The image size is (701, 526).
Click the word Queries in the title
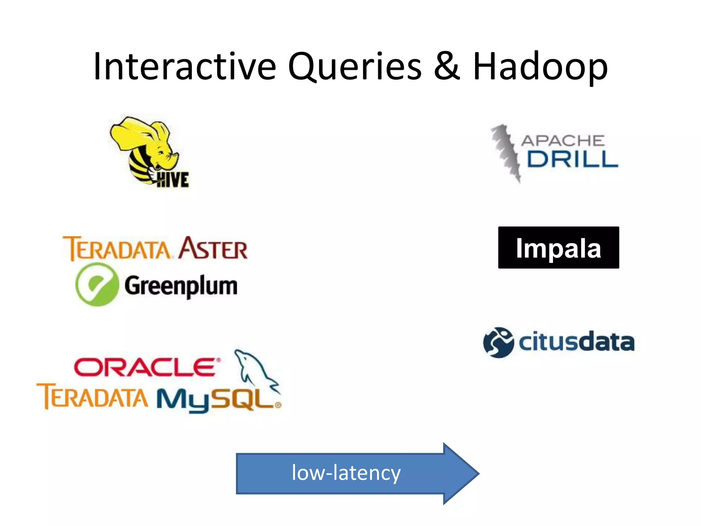pos(355,67)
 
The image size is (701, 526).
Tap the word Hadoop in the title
pos(540,67)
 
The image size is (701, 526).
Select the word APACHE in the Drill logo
pos(562,141)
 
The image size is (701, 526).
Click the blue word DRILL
pos(572,159)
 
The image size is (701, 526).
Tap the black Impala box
pos(558,248)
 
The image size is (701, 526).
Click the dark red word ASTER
pos(213,248)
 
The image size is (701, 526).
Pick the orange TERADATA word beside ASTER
pos(116,249)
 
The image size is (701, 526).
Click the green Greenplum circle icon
pos(97,284)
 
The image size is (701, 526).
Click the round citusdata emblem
pos(498,342)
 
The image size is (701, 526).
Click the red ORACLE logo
pos(145,367)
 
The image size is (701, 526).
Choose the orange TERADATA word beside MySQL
pos(92,397)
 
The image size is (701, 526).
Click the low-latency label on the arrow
pos(346,473)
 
